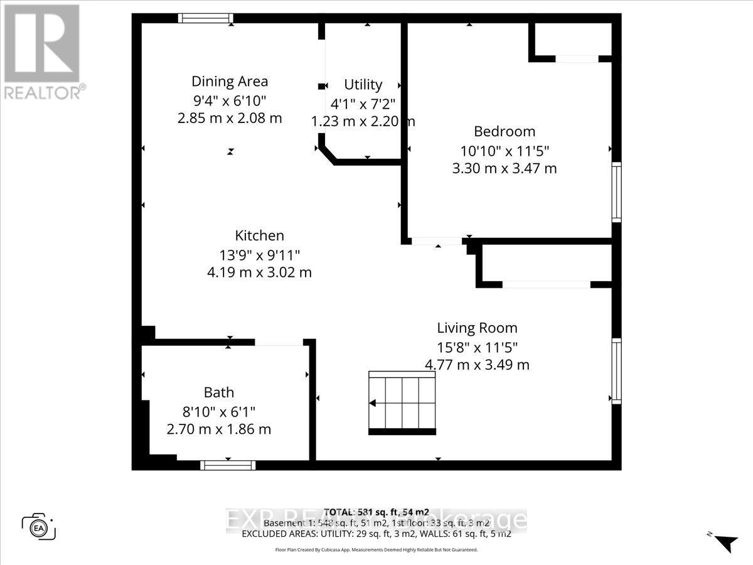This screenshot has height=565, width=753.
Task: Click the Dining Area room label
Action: (230, 81)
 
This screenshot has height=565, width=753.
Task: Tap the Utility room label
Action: (363, 85)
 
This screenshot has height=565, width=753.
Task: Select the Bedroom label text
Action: (505, 131)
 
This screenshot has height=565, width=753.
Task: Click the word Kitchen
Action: (259, 235)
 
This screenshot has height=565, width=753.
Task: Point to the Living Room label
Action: (477, 328)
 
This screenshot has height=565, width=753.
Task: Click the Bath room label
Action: (218, 392)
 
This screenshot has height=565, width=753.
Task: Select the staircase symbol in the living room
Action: (402, 403)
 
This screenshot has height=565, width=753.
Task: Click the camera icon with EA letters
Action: (38, 525)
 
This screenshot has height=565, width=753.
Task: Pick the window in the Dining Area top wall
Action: (205, 18)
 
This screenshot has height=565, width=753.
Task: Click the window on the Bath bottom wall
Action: (228, 465)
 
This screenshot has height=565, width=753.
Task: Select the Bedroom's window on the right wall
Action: (616, 191)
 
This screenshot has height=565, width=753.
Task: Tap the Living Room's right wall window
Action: (616, 370)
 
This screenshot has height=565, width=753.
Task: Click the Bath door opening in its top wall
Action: (279, 342)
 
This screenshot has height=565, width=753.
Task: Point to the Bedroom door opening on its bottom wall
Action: (437, 241)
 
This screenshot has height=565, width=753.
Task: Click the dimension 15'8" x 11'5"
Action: (477, 347)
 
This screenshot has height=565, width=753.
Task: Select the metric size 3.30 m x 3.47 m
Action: (505, 168)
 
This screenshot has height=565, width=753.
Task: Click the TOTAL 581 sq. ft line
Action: (376, 512)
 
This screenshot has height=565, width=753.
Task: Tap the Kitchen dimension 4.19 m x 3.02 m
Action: (259, 272)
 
